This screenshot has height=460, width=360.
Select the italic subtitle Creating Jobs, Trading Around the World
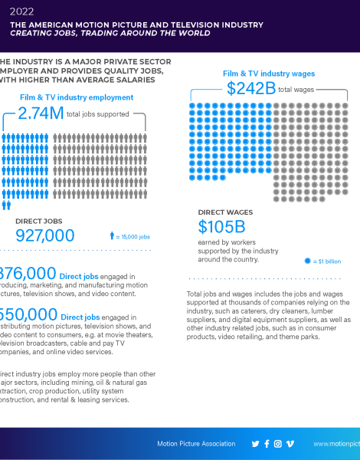100,33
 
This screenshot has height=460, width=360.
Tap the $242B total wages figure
250,89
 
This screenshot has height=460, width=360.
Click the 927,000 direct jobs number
44,235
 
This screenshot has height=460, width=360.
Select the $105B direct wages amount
221,227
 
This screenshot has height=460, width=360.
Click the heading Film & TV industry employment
77,97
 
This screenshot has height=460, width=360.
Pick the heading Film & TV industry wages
268,74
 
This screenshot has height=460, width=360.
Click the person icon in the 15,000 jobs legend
111,236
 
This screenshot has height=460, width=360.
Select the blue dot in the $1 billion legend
308,261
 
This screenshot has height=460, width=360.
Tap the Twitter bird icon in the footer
255,444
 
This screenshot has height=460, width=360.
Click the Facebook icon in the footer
267,444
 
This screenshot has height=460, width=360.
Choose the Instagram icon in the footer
278,444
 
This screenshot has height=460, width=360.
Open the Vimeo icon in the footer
290,444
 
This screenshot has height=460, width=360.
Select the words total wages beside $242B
296,90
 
